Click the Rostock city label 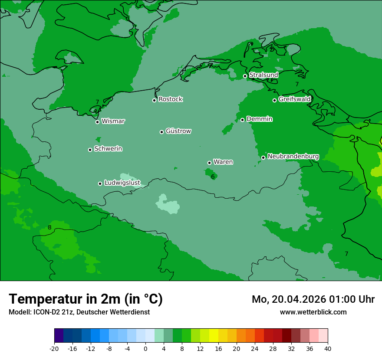click(x=171, y=99)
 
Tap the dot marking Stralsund click(x=245, y=76)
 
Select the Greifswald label click(x=294, y=99)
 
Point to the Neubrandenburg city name click(x=293, y=157)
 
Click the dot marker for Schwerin click(x=90, y=150)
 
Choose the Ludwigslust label click(x=122, y=183)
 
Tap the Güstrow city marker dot click(x=161, y=132)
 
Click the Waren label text click(x=223, y=162)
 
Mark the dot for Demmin click(x=242, y=120)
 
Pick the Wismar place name click(x=113, y=121)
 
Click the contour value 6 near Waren click(x=213, y=177)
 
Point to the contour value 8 click(x=49, y=227)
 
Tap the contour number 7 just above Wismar click(x=97, y=102)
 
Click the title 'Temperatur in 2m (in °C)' click(x=86, y=299)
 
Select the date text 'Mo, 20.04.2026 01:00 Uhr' click(x=313, y=299)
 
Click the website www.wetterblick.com click(x=313, y=312)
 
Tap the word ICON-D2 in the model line click(x=45, y=312)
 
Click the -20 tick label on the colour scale click(x=54, y=349)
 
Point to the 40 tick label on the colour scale click(x=327, y=349)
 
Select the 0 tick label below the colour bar click(x=145, y=349)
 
